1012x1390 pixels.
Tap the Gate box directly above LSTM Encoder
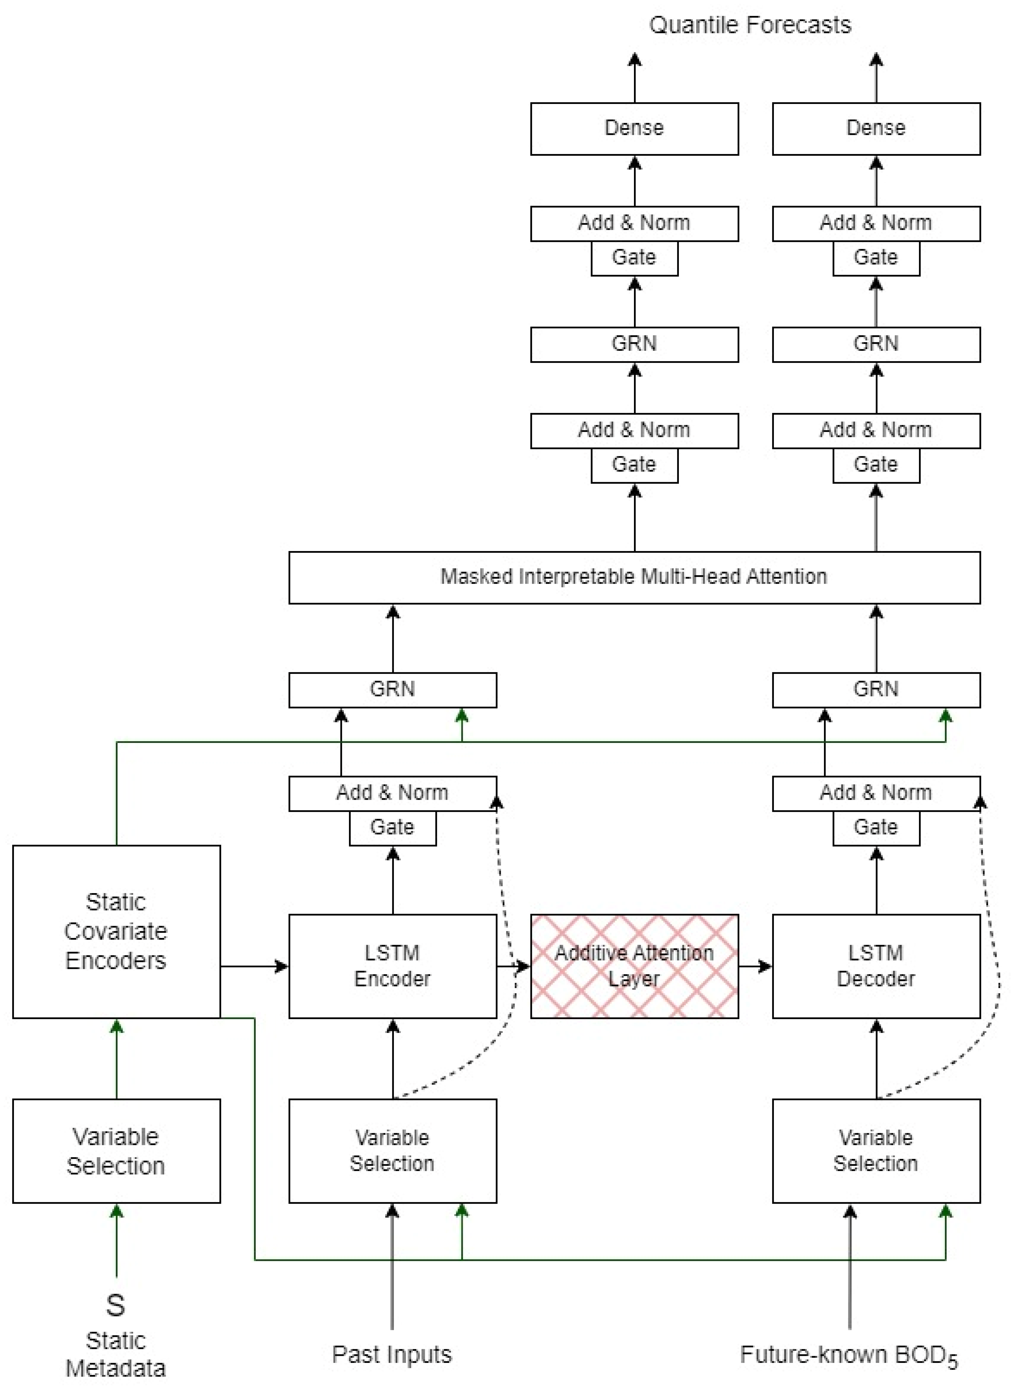(392, 827)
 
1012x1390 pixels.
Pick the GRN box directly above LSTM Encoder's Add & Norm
(392, 690)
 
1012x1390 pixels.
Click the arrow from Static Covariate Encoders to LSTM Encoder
(254, 966)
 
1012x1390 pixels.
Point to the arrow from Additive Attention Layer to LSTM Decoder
(755, 966)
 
